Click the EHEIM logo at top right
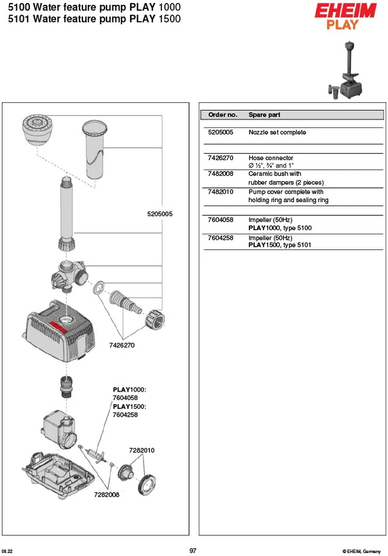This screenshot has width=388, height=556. tap(345, 11)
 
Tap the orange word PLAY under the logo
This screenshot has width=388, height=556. tap(342, 25)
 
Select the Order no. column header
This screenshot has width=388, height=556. tap(223, 115)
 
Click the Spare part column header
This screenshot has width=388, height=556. tap(264, 115)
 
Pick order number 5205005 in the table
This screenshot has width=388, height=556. tap(221, 132)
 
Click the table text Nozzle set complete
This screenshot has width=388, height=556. tap(277, 132)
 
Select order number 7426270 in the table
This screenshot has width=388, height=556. tap(221, 158)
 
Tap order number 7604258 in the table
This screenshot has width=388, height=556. tap(221, 238)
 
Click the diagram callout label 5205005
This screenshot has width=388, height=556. tap(160, 214)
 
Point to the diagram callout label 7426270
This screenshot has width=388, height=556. tap(122, 345)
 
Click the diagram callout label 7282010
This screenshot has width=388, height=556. tap(142, 450)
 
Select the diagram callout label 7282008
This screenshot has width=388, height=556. tap(107, 494)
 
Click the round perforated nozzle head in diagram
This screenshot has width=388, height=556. tap(37, 129)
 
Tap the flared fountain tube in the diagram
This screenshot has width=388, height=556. tap(94, 149)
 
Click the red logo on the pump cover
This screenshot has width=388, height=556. tap(58, 326)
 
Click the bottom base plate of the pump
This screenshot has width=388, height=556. tap(59, 475)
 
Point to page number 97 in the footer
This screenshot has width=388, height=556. tap(193, 551)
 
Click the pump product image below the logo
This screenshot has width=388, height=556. tap(345, 70)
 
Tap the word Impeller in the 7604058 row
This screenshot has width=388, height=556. tap(260, 220)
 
